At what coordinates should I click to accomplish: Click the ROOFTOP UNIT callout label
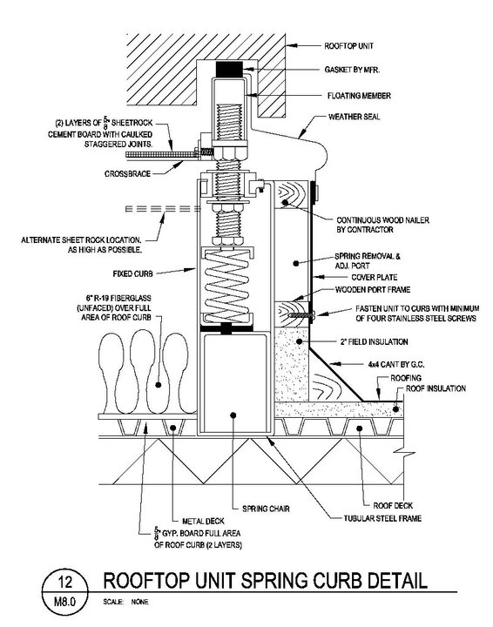pos(348,46)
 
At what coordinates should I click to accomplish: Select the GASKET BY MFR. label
pos(352,70)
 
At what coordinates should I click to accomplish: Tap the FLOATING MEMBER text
pos(359,96)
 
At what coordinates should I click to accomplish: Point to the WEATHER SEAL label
pos(354,117)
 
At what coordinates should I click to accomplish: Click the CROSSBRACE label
pos(127,174)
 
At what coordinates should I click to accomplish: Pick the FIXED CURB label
pos(132,274)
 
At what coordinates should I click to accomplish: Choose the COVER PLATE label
pos(375,277)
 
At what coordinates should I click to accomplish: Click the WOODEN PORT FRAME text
pos(373,289)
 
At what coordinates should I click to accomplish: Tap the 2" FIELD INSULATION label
pos(374,342)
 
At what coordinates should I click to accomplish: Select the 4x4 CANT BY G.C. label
pos(396,364)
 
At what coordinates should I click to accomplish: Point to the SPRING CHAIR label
pos(266,509)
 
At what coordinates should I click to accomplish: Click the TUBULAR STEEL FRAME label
pos(382,518)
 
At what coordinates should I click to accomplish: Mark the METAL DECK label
pos(203,521)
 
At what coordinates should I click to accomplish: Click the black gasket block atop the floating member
pos(229,69)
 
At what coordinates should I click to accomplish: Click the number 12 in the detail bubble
pos(64,582)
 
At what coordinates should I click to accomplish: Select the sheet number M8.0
pos(64,602)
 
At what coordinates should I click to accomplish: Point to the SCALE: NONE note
pos(125,602)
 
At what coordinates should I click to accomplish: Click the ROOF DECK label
pos(393,505)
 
